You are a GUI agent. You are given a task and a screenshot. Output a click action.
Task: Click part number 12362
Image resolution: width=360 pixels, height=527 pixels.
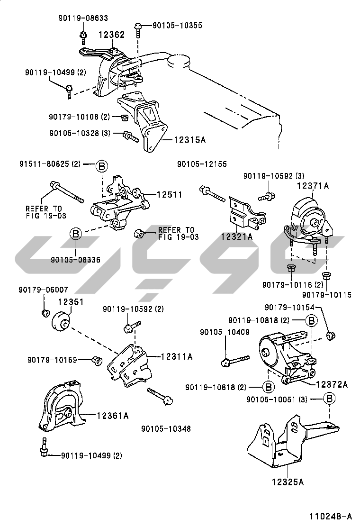tap(112, 35)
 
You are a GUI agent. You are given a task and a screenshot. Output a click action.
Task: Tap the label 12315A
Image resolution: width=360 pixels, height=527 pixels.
tap(189, 139)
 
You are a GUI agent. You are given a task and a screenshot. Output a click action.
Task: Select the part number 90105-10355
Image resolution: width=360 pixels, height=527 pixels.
tap(177, 25)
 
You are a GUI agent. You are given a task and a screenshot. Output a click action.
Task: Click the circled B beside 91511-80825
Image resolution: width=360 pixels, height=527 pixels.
tap(101, 165)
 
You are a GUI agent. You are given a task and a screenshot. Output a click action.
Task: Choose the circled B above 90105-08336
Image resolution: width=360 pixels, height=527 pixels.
tap(77, 233)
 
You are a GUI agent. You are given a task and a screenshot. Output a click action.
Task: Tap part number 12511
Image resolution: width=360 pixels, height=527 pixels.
tap(169, 194)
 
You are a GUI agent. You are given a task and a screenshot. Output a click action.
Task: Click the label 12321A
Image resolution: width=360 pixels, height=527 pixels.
tap(236, 235)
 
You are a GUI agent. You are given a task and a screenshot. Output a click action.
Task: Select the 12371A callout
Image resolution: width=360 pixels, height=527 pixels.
tap(313, 186)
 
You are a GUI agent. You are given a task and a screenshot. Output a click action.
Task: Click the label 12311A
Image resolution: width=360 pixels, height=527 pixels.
tap(177, 356)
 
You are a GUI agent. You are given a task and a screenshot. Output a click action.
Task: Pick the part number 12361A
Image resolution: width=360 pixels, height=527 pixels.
tap(113, 416)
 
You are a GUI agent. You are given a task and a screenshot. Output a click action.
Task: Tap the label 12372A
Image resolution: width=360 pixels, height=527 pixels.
tap(332, 384)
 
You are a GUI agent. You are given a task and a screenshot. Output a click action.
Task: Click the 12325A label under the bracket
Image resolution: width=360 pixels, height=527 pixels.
tap(288, 482)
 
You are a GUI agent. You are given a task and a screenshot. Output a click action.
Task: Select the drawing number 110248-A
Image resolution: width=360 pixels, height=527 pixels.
tap(332, 516)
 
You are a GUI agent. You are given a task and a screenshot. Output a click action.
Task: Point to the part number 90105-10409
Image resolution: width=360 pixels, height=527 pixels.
tap(225, 332)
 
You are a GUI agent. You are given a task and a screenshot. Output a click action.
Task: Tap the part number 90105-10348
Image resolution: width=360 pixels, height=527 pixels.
tap(166, 429)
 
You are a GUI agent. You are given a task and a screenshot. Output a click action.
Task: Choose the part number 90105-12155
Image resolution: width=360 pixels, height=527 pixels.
tap(202, 164)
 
